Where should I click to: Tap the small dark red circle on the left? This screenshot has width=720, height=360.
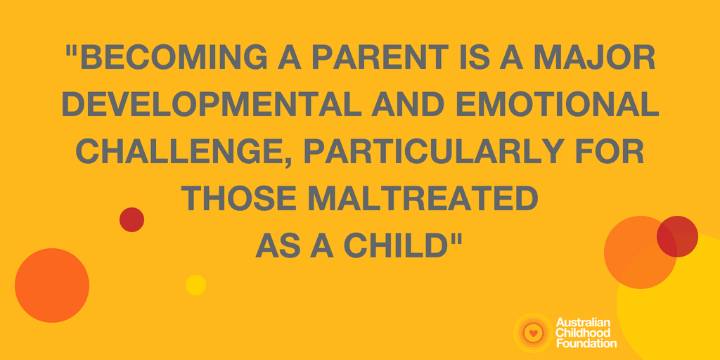[131, 219]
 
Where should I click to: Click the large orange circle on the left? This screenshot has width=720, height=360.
[52, 285]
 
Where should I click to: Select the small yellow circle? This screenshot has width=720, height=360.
[195, 285]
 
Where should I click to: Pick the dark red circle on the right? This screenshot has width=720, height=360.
[677, 236]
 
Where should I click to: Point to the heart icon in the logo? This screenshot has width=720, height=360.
[533, 333]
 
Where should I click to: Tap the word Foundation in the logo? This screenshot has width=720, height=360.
[586, 342]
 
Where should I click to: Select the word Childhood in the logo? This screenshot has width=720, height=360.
[583, 332]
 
